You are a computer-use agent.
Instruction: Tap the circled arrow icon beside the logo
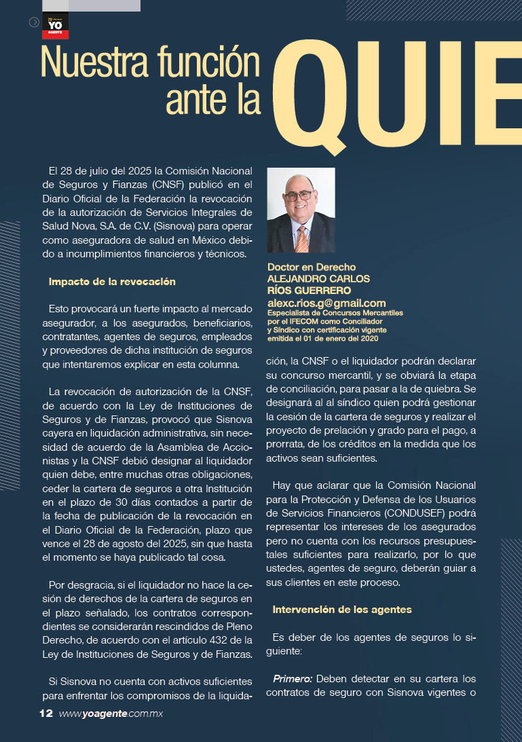pos(34,22)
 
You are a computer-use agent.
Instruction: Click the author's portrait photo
pos(301,210)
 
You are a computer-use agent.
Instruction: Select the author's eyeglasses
pos(299,195)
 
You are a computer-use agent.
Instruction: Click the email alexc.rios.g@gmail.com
pos(327,303)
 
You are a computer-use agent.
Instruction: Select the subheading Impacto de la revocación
pos(112,281)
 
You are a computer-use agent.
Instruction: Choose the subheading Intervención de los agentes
pos(342,610)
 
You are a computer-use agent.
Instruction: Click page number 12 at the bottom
pos(46,713)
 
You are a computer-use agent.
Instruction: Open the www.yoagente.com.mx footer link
pos(111,713)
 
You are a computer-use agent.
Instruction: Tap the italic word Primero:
pos(293,679)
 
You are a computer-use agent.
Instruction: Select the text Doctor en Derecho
pos(312,267)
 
